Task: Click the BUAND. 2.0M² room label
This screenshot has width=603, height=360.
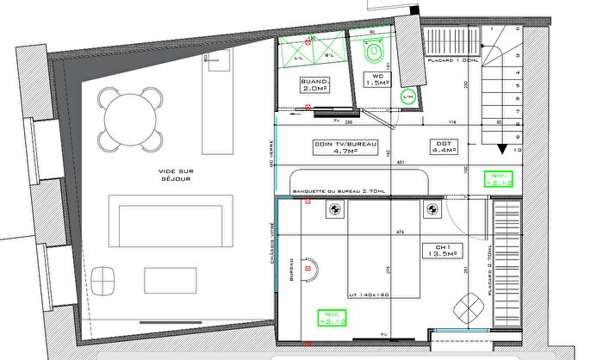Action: pyautogui.click(x=314, y=85)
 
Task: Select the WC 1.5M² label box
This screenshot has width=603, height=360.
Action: pyautogui.click(x=376, y=80)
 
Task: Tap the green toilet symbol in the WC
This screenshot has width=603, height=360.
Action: pyautogui.click(x=373, y=56)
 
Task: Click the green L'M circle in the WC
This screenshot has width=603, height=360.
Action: pyautogui.click(x=408, y=97)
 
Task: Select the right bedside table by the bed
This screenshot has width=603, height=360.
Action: pyautogui.click(x=429, y=208)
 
